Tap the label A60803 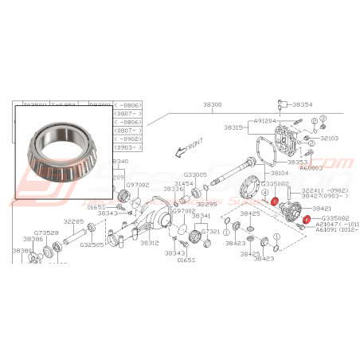tap(311, 168)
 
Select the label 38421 tap(322, 208)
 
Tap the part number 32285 tap(74, 221)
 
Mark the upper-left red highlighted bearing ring tap(275, 202)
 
